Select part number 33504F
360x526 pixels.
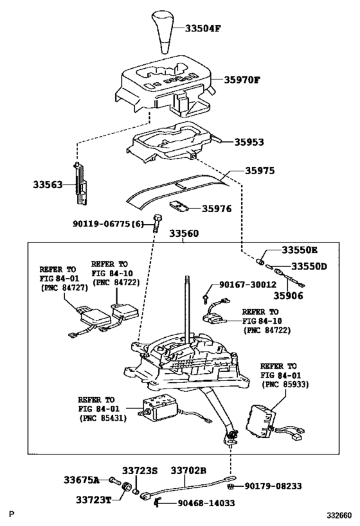point(203,28)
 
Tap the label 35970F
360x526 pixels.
point(242,80)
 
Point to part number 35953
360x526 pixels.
point(249,142)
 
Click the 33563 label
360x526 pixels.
point(48,184)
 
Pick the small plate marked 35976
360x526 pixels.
point(179,206)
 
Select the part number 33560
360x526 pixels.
point(184,233)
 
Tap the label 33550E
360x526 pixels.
point(300,250)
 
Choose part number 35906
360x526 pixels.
point(288,295)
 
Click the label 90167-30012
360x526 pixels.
point(248,285)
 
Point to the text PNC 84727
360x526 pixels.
point(64,288)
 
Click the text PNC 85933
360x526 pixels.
point(285,385)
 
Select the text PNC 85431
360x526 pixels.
point(103,418)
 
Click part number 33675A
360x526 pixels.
point(82,480)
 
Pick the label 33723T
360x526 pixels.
point(93,500)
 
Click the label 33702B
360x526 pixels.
point(188,471)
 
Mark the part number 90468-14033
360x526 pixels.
point(206,503)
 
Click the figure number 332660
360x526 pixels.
point(340,515)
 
